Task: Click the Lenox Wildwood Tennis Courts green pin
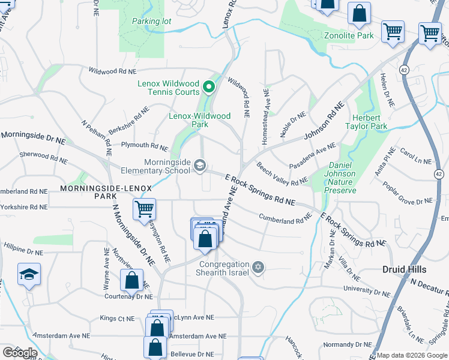tap(209, 88)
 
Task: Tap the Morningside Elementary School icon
tap(200, 166)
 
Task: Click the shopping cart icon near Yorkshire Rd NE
tap(144, 210)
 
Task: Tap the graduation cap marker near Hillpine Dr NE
tap(29, 275)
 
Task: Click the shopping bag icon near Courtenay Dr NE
tap(131, 280)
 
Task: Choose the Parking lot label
tap(151, 22)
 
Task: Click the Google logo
tap(20, 353)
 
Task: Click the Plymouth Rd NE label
tap(145, 146)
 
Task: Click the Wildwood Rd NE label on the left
tap(112, 71)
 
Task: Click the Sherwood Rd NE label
tap(43, 157)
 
